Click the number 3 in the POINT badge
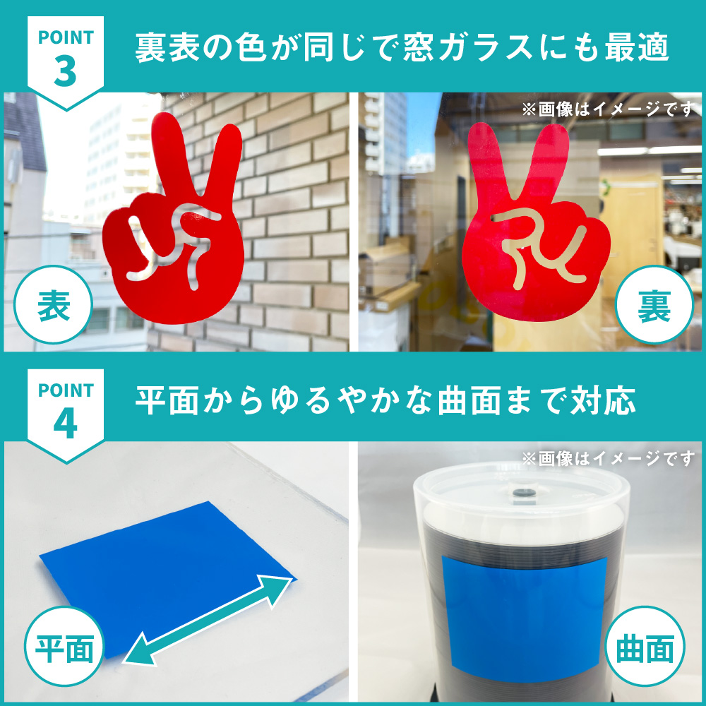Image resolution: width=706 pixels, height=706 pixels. (x=65, y=72)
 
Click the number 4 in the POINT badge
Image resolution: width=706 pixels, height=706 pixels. (x=65, y=424)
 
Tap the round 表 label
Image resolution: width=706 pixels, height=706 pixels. (x=53, y=305)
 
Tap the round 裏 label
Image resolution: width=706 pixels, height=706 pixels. (x=654, y=305)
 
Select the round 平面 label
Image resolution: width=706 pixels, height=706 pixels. (x=64, y=647)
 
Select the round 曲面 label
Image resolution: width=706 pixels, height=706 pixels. (x=645, y=647)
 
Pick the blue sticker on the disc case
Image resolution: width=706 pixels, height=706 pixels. (x=524, y=612)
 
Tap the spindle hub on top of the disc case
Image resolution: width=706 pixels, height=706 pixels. (x=522, y=491)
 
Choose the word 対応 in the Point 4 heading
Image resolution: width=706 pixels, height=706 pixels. (x=603, y=400)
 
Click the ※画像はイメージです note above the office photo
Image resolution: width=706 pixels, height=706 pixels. (x=607, y=109)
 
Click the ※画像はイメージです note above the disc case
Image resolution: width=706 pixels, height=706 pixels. (x=607, y=458)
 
